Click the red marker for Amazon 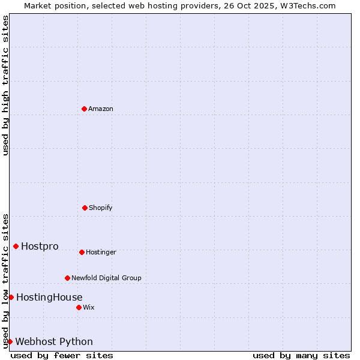(84, 109)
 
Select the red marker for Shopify (85, 208)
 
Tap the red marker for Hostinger (82, 252)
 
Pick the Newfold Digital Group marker (67, 278)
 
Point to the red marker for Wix (79, 307)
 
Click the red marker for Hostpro (16, 246)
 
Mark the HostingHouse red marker (11, 297)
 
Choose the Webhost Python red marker (10, 341)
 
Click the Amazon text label (101, 109)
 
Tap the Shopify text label (101, 208)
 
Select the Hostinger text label (101, 253)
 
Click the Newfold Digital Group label (107, 278)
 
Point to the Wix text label (89, 308)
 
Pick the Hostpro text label (40, 247)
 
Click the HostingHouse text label (49, 298)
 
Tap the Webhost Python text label (54, 342)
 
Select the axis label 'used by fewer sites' (62, 355)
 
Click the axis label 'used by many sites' (301, 355)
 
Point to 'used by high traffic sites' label (5, 85)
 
